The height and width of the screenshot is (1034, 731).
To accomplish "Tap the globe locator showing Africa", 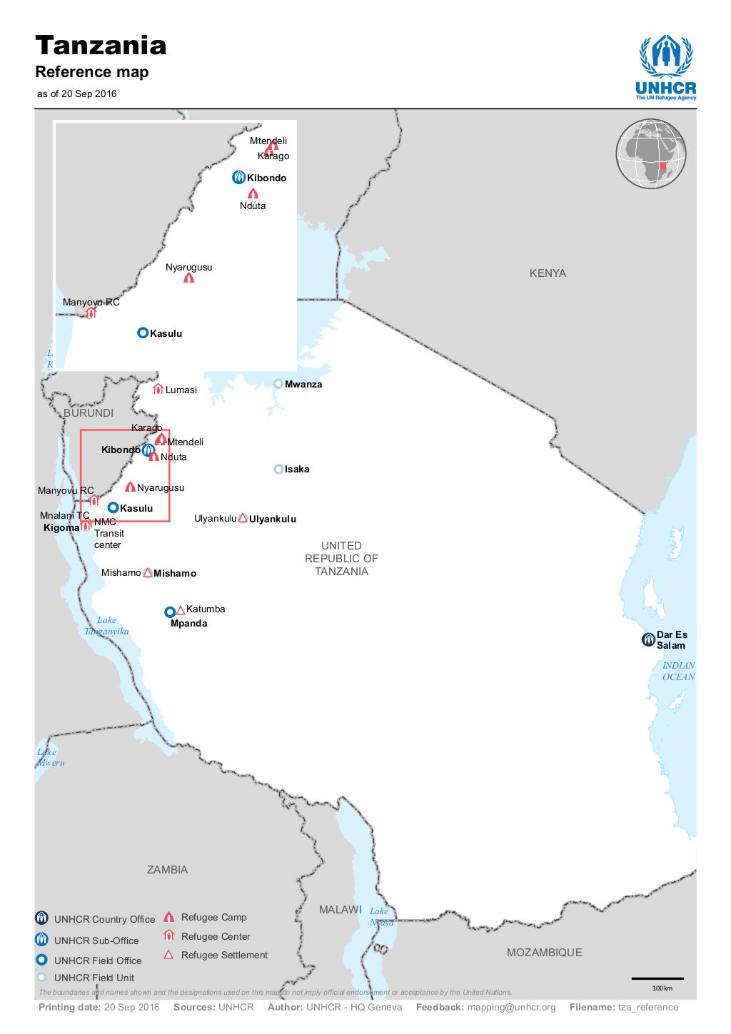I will (651, 153).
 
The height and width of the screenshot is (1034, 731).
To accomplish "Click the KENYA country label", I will (548, 273).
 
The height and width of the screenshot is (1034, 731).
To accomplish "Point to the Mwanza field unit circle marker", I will (278, 384).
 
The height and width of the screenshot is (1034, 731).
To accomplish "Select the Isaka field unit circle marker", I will (278, 469).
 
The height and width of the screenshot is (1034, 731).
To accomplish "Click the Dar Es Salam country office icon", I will (647, 639).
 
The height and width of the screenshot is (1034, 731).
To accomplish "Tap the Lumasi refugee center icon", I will (158, 389).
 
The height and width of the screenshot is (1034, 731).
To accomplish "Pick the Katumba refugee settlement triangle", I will (181, 609).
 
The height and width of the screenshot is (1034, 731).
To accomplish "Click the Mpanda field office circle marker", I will (170, 612).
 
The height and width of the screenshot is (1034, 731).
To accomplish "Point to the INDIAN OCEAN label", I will (677, 671).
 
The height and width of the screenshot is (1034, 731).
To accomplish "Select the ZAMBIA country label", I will (167, 869).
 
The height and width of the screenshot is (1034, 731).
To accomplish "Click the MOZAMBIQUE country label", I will (544, 952).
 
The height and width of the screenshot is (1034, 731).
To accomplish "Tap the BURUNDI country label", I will (89, 413).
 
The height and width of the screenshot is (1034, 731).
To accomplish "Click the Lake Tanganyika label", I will (106, 626).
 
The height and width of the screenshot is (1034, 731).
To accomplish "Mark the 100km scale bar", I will (657, 978).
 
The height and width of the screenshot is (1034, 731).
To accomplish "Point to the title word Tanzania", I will (101, 46).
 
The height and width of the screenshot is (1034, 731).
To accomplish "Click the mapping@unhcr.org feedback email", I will (511, 1007).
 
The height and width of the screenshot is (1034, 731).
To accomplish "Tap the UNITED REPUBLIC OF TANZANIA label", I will (341, 559).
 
